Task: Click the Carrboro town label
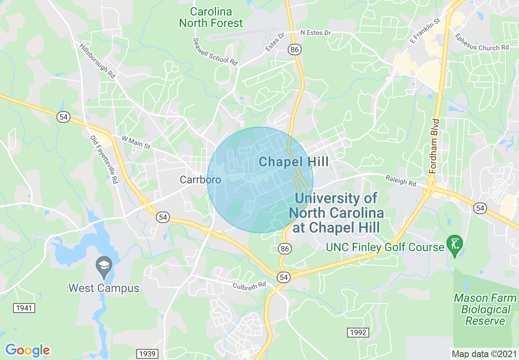[200, 180]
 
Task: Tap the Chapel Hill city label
[293, 162]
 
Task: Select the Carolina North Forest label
[211, 18]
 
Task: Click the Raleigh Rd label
[401, 180]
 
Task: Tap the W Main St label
[136, 142]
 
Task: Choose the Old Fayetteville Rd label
[104, 159]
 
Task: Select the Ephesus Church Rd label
[482, 42]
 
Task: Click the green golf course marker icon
[455, 244]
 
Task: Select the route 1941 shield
[24, 308]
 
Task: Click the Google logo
[27, 350]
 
